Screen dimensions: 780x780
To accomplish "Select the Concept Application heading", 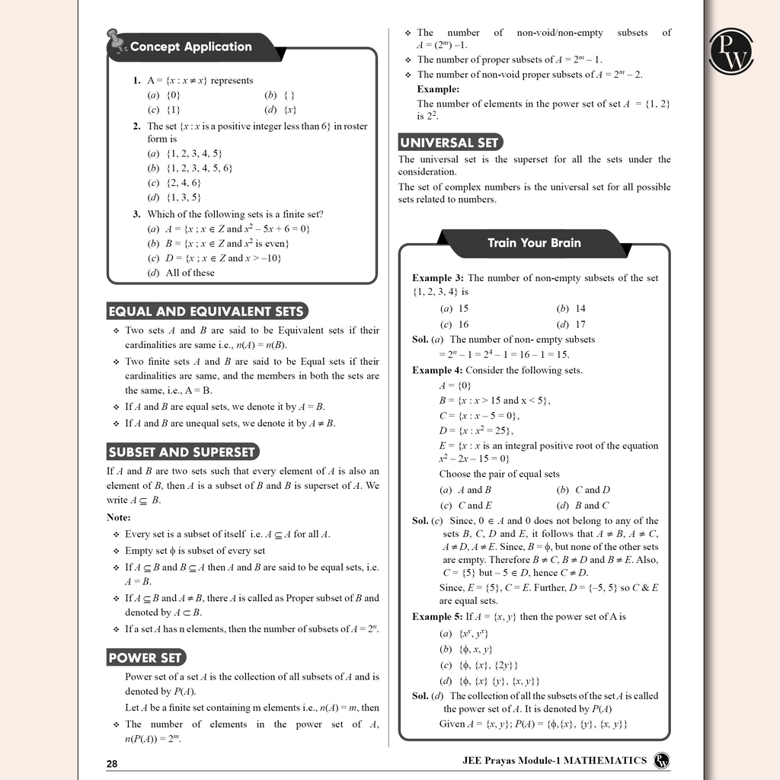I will pyautogui.click(x=190, y=46).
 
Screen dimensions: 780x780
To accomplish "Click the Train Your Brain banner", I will pyautogui.click(x=534, y=243).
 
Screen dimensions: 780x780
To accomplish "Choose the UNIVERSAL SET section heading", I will pyautogui.click(x=450, y=142).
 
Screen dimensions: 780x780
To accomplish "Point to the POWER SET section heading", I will pyautogui.click(x=145, y=657).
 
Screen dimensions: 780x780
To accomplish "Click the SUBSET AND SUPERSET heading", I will pyautogui.click(x=182, y=452).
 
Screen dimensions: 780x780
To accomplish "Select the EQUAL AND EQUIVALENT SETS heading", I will pyautogui.click(x=206, y=311).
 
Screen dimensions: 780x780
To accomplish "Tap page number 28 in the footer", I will pyautogui.click(x=113, y=763).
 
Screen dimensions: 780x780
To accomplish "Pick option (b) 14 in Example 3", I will pyautogui.click(x=571, y=308).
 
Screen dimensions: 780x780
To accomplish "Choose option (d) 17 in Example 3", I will pyautogui.click(x=571, y=324).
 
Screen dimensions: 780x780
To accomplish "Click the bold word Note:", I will pyautogui.click(x=118, y=518).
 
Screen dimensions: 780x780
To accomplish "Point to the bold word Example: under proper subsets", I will pyautogui.click(x=437, y=89).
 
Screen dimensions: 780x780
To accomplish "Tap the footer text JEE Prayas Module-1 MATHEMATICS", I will pyautogui.click(x=555, y=760).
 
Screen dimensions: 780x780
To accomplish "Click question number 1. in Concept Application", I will pyautogui.click(x=136, y=80).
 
